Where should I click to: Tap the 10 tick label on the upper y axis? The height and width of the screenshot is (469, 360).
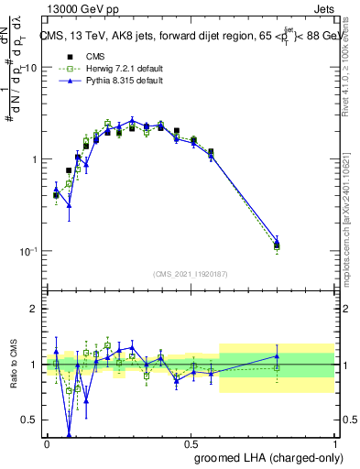point(30,68)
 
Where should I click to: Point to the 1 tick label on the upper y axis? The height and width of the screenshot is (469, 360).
point(33,159)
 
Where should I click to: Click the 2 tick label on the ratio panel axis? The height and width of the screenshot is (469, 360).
point(33,309)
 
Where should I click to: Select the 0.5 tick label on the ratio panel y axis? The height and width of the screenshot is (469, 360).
point(28,420)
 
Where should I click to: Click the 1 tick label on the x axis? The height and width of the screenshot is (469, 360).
point(334,444)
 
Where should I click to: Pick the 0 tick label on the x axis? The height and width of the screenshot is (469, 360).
point(46,444)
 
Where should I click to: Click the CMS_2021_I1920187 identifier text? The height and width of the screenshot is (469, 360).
point(191,274)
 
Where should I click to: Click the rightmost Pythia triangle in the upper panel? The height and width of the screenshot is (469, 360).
point(277,242)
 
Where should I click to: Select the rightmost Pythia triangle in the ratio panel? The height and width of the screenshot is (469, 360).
point(277,356)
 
